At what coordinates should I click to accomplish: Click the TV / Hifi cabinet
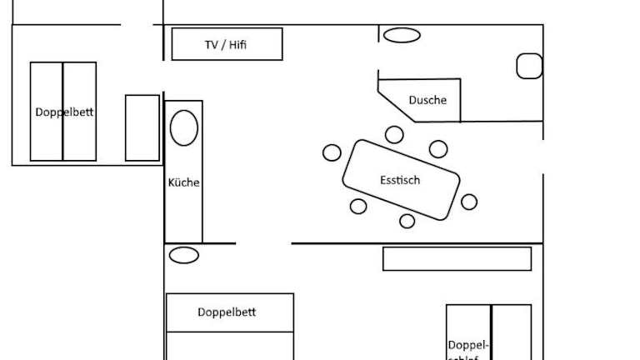click(227, 44)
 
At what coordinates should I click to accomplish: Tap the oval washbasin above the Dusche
click(402, 35)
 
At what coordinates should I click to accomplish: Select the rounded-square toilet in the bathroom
click(529, 66)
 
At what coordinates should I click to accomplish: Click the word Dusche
click(427, 100)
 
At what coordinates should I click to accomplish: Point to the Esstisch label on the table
click(400, 180)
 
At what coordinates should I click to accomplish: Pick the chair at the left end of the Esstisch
click(332, 152)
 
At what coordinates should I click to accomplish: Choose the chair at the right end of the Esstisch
click(469, 202)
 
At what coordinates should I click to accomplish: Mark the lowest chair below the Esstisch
click(407, 221)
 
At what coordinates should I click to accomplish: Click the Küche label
click(184, 182)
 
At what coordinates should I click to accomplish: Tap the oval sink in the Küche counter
click(184, 128)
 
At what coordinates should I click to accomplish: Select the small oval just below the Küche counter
click(184, 255)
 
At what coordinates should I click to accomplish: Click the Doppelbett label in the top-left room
click(64, 112)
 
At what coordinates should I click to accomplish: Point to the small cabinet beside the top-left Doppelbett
click(142, 127)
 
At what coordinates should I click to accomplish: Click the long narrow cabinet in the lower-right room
click(457, 258)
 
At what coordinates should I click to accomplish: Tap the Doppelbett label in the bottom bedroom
click(227, 312)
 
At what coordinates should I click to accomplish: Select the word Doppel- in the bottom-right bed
click(467, 344)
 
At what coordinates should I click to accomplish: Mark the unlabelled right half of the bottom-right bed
click(511, 332)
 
